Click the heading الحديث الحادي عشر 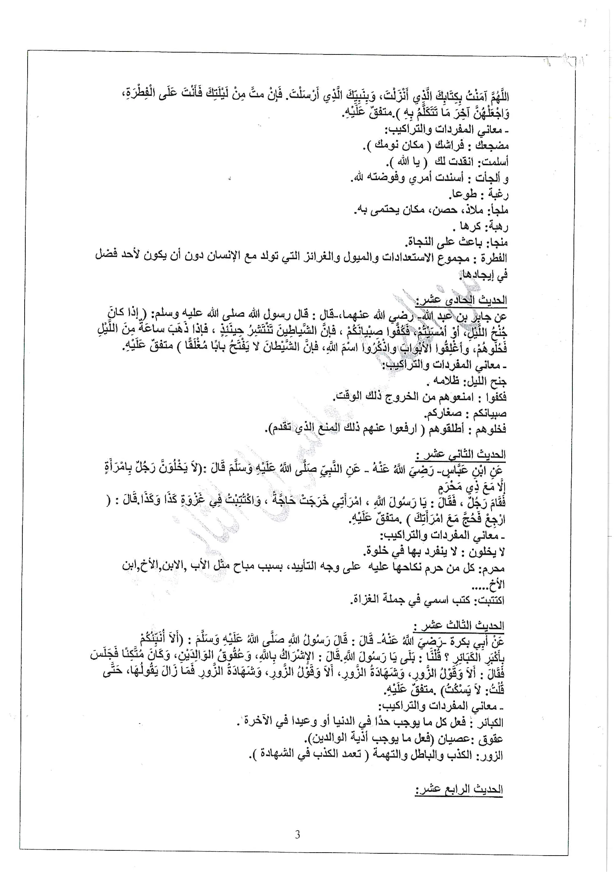click(x=461, y=300)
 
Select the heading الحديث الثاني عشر click(x=460, y=454)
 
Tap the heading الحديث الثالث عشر click(x=458, y=625)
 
